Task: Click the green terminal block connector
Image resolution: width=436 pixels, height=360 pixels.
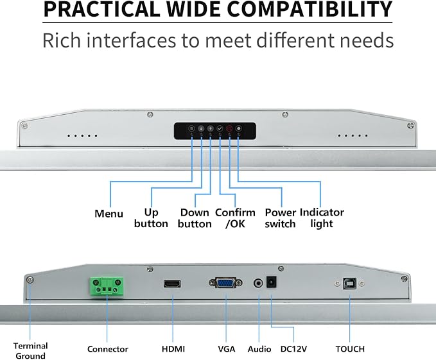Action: (x=107, y=286)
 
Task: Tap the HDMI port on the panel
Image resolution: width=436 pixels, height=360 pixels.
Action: (x=172, y=284)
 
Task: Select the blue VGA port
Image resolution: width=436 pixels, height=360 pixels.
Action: (x=225, y=283)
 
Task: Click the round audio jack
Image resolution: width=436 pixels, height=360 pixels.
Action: (x=258, y=284)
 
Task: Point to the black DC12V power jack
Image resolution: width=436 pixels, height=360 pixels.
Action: (x=272, y=282)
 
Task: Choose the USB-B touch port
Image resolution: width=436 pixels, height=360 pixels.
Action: (x=349, y=284)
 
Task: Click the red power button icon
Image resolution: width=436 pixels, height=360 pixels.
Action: (x=229, y=128)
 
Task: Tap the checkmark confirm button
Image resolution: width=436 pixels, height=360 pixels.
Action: (x=220, y=128)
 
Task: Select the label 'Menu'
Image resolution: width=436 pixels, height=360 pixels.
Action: (x=109, y=214)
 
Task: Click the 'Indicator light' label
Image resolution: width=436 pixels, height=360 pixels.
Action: (x=322, y=218)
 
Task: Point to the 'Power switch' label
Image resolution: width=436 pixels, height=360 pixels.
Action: (x=280, y=218)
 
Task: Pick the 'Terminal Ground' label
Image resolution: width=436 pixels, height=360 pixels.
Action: (x=31, y=351)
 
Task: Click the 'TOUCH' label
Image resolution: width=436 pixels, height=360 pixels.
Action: (x=350, y=349)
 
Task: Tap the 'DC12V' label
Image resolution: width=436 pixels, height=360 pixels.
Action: (x=293, y=349)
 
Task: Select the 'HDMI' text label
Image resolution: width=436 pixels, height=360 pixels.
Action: (x=173, y=349)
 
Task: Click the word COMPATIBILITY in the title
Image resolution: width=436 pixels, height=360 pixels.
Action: (x=310, y=9)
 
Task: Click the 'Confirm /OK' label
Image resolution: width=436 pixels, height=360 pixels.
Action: (x=235, y=218)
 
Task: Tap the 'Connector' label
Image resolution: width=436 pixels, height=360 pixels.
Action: (x=108, y=349)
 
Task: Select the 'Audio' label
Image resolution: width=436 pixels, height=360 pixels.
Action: (x=259, y=349)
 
